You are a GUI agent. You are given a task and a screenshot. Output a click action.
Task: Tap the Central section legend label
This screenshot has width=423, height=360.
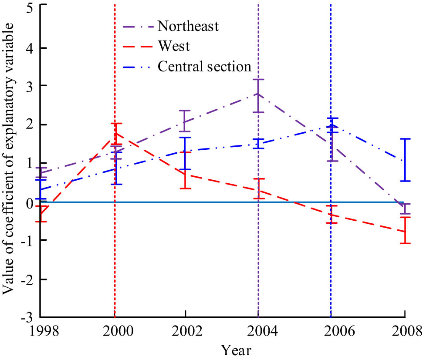tap(204, 66)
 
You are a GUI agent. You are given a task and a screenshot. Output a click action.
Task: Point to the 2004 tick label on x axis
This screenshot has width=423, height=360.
tap(259, 331)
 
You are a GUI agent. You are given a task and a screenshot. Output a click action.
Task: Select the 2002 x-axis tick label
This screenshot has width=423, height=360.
tap(186, 331)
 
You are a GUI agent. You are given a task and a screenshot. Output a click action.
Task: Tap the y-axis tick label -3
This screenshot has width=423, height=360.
tap(28, 317)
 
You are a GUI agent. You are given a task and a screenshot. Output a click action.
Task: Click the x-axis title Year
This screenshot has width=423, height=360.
tap(236, 350)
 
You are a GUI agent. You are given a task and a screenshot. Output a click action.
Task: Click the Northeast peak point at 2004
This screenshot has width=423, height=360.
tap(258, 94)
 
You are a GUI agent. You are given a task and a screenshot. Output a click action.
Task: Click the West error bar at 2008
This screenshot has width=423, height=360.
tap(405, 231)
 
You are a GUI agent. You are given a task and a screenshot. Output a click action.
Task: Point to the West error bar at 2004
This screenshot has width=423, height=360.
tap(259, 189)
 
